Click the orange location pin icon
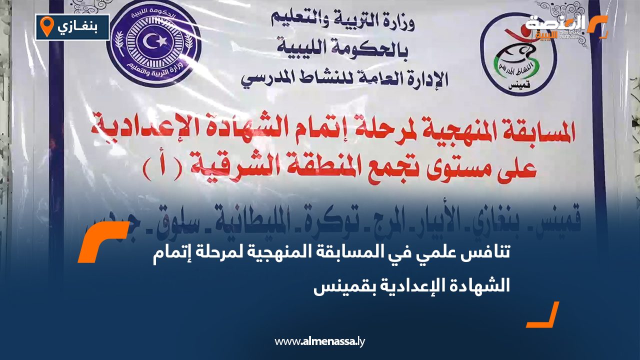(46, 26)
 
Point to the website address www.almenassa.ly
(320, 342)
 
